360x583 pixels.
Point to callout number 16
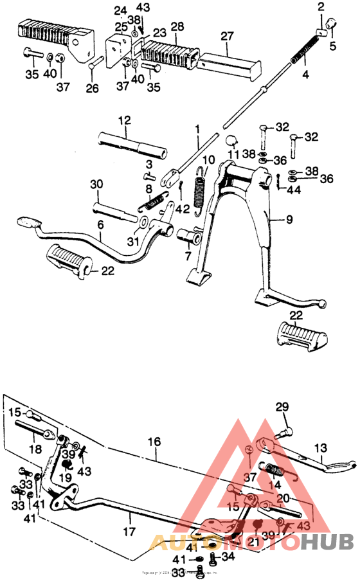(x=154, y=442)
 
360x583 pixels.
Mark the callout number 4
(x=305, y=75)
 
